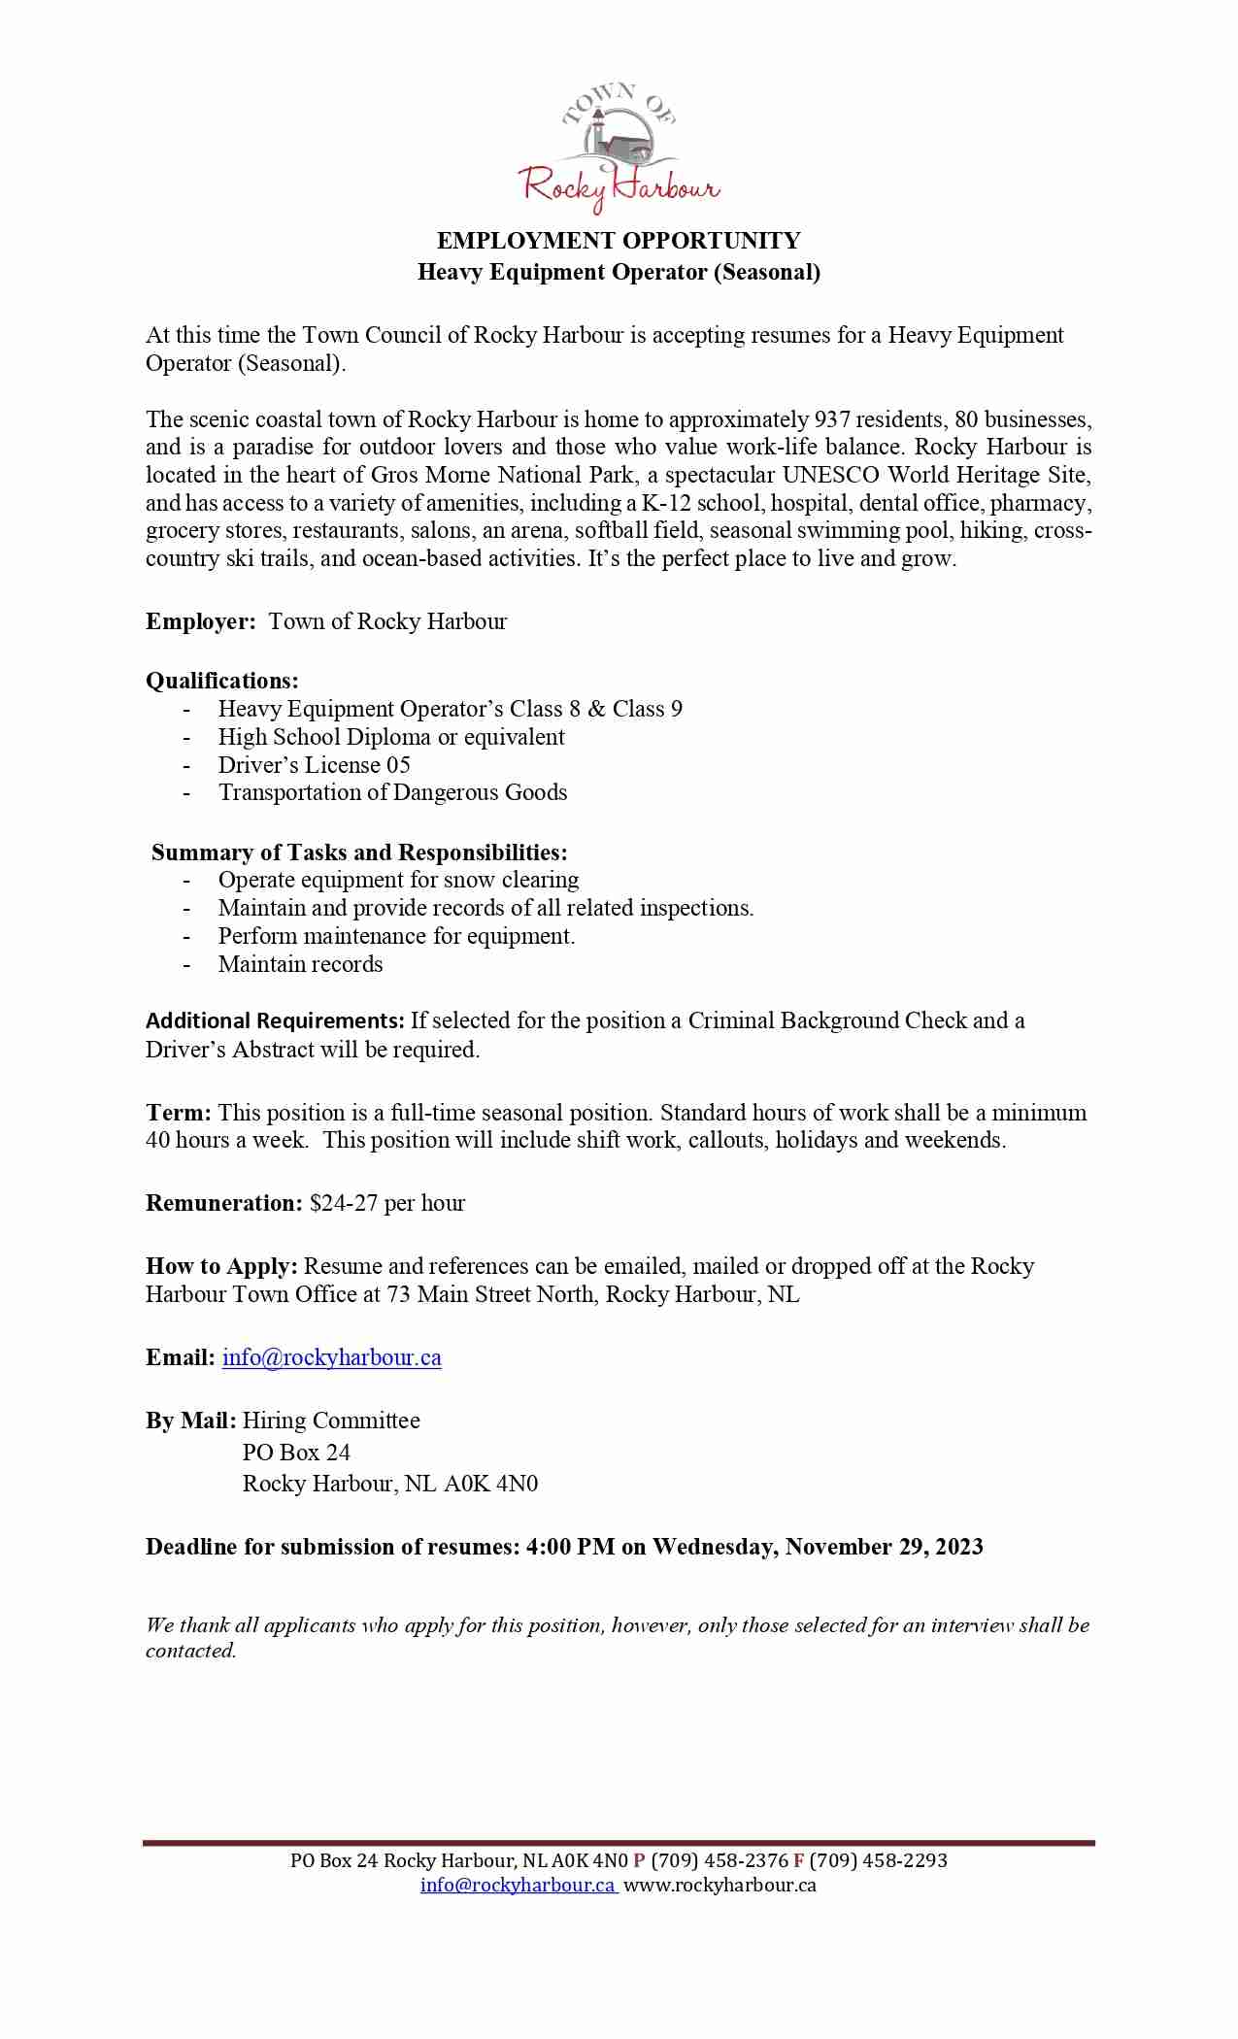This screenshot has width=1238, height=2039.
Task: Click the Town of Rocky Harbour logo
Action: [619, 148]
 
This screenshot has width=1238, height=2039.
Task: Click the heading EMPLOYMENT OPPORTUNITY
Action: [619, 241]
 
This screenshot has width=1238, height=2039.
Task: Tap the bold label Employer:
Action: [201, 622]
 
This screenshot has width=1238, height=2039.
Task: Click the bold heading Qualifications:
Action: [222, 681]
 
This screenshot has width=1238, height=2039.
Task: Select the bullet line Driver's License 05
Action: [314, 765]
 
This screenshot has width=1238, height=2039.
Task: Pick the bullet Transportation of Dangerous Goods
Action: [392, 792]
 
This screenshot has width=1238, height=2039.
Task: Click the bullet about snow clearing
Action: [398, 880]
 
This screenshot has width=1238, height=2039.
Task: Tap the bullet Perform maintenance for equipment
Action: [396, 936]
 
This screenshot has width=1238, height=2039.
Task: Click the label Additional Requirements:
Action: [275, 1020]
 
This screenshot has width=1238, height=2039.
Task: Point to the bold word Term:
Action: [178, 1113]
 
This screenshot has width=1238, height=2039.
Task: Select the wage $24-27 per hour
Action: [387, 1204]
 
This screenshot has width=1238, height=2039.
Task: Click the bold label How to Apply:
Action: [221, 1267]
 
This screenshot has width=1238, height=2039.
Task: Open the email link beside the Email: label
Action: [331, 1358]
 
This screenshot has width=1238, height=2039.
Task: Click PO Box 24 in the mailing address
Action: [296, 1453]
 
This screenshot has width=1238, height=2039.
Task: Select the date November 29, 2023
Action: [884, 1547]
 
